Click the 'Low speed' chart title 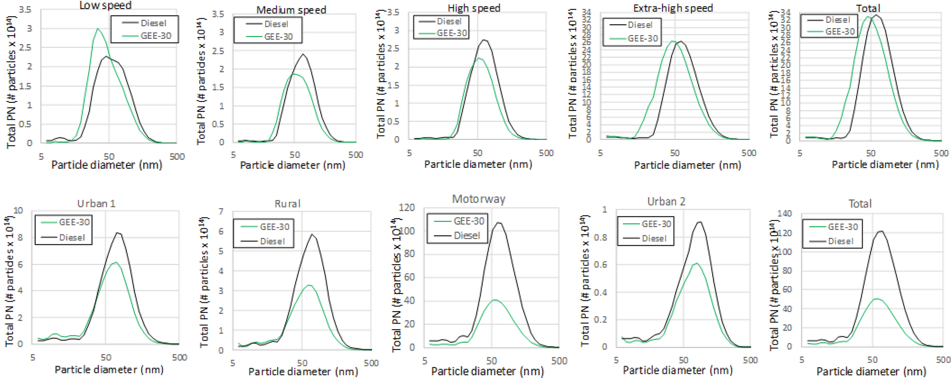105,6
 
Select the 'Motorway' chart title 478,199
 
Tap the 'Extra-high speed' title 672,8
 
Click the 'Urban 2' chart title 666,202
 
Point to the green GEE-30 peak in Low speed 98,29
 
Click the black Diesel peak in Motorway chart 498,222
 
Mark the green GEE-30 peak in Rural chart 309,285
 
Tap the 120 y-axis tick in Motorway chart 407,208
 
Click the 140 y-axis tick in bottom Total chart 784,213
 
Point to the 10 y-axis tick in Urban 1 18,211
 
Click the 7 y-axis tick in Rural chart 221,212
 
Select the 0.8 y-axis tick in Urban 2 600,237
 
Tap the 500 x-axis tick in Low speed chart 177,157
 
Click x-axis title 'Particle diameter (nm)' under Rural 303,371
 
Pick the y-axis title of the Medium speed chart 202,81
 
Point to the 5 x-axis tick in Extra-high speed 600,153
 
